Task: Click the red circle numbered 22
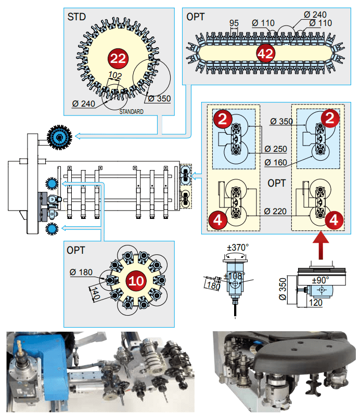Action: (118, 58)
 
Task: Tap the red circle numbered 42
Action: (265, 54)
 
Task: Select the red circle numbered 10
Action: (136, 281)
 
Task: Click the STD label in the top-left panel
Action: (76, 17)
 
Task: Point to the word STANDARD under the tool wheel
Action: (132, 112)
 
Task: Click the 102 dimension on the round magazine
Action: (115, 75)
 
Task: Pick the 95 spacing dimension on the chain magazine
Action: (234, 23)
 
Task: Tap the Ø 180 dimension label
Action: (81, 272)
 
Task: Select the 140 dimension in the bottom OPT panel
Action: (95, 293)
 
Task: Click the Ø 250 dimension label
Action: (276, 149)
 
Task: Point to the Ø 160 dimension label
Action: (276, 162)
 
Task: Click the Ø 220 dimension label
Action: (275, 212)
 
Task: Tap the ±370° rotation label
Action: (238, 248)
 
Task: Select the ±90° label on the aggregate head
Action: (320, 280)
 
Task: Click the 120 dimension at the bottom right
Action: (315, 303)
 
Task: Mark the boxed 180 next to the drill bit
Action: (213, 285)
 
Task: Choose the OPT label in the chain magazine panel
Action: (196, 17)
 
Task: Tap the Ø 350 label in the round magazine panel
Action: (159, 99)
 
